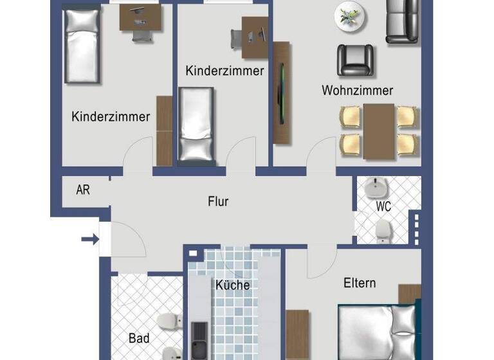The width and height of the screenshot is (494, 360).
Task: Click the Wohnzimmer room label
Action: (357, 91)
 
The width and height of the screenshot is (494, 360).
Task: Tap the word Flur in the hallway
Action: (218, 201)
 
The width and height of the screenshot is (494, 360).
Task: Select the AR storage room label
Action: (82, 190)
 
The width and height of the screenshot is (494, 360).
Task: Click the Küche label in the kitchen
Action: (232, 285)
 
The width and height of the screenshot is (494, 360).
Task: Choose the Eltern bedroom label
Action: (360, 283)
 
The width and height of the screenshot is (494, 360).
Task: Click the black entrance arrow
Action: (89, 240)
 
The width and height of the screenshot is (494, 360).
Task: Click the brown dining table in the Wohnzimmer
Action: (379, 131)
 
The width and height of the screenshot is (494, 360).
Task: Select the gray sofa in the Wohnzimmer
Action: (402, 21)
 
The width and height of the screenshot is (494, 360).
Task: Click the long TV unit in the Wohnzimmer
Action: (282, 93)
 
